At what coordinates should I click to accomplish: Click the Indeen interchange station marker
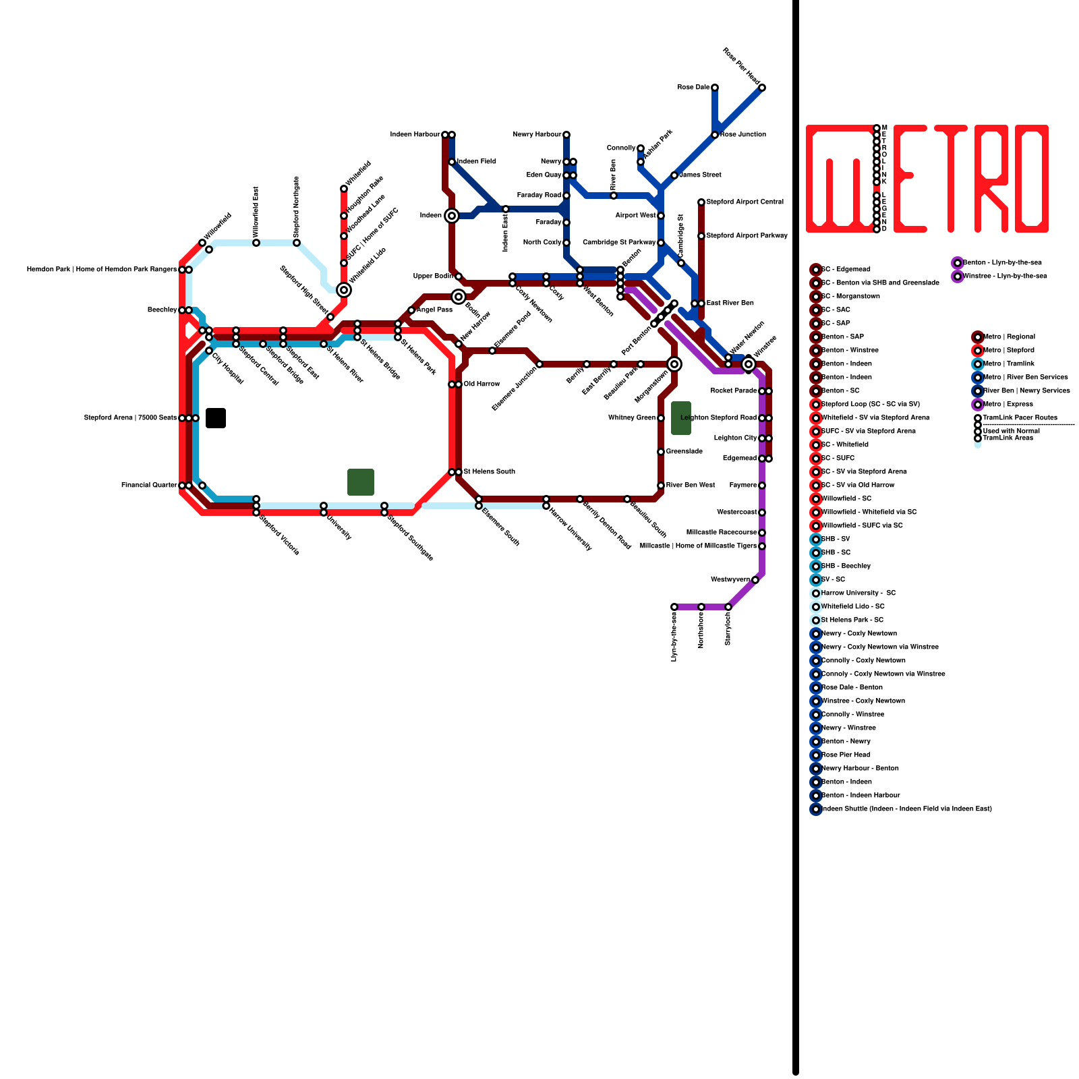452,216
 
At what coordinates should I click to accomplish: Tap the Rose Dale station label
693,88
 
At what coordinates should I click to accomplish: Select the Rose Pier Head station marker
762,88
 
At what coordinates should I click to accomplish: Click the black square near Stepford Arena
216,418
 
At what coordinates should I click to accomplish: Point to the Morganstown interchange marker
674,364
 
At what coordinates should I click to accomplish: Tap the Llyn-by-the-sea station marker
674,607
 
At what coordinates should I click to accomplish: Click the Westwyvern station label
730,580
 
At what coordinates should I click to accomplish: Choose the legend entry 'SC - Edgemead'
846,270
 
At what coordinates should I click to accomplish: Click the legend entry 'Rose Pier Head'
846,755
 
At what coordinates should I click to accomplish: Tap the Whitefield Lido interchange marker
344,290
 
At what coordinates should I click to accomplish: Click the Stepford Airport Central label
745,202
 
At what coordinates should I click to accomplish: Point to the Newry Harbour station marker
566,135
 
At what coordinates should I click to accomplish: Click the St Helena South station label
489,472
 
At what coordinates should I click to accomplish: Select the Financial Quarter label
149,486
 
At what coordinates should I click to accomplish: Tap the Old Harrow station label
482,384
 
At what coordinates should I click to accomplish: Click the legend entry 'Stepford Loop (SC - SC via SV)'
870,405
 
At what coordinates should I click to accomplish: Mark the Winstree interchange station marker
749,364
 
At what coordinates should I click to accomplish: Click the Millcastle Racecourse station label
722,533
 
